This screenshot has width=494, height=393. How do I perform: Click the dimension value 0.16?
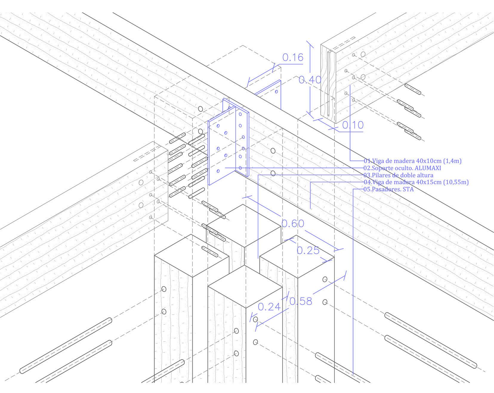[293, 57]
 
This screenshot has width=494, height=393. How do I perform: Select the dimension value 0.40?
[310, 80]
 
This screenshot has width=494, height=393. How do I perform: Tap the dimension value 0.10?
[353, 125]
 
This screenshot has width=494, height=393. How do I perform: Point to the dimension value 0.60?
[293, 223]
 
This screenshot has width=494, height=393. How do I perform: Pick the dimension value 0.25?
[308, 250]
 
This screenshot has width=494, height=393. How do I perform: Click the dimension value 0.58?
[301, 301]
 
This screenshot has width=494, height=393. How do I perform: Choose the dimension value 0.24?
[269, 306]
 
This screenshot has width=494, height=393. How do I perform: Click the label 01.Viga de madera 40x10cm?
[413, 161]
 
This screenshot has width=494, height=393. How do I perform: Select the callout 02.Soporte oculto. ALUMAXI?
[402, 168]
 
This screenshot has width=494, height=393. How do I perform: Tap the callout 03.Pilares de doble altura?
[398, 175]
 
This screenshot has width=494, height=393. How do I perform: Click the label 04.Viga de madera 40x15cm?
[416, 182]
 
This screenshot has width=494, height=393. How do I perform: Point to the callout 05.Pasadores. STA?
[388, 189]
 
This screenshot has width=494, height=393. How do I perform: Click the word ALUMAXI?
[428, 168]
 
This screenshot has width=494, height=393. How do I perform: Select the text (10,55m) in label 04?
[456, 182]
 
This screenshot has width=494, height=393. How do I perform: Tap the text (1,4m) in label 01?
[452, 161]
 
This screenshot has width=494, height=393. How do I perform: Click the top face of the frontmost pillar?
[245, 287]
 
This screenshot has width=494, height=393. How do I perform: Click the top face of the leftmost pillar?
[192, 256]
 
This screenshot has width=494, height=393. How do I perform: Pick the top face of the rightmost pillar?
[297, 257]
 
